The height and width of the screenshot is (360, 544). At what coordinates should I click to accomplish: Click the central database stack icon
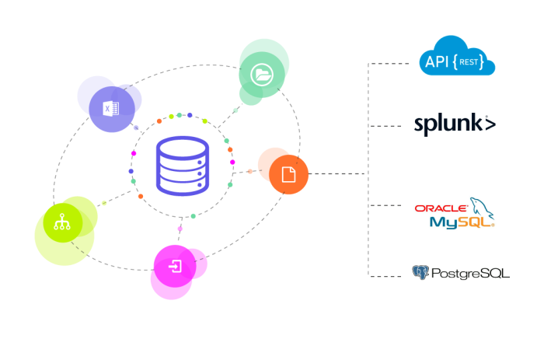[182, 166]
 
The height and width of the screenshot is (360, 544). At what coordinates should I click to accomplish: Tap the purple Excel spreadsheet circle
[110, 108]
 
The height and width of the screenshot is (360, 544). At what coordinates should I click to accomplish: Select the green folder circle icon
[261, 75]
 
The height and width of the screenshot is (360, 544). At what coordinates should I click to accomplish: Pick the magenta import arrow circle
[176, 267]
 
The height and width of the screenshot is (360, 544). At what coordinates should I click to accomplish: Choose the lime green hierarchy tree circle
[63, 223]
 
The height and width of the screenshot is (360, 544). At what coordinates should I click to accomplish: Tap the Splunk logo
[455, 124]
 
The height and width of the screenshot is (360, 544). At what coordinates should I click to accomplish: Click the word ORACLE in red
[441, 208]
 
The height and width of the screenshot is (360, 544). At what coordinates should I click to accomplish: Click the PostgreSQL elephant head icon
[420, 272]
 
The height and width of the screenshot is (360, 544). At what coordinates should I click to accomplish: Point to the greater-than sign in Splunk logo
[490, 124]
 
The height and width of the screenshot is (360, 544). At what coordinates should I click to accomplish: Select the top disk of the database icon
[182, 147]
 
